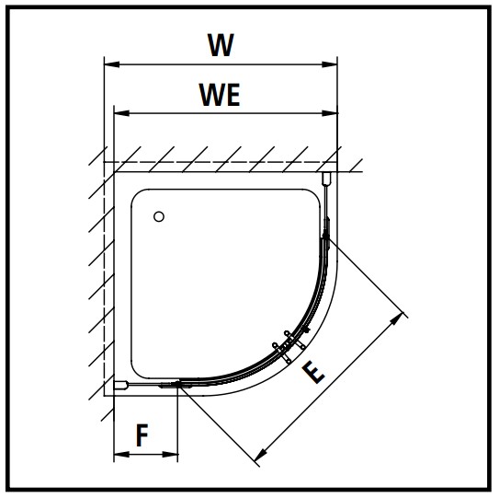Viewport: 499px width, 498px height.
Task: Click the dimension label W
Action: click(x=221, y=44)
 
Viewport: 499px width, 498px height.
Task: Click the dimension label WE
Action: click(x=220, y=95)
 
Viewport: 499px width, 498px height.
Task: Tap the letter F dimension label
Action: click(x=142, y=435)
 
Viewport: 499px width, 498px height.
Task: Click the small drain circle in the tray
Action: click(x=159, y=217)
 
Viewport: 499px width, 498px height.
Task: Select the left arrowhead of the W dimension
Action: click(x=112, y=64)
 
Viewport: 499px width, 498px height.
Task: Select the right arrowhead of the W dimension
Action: click(x=330, y=64)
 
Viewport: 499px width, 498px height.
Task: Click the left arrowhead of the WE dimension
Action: click(x=121, y=113)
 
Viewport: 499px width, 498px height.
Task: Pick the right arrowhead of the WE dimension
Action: click(x=330, y=113)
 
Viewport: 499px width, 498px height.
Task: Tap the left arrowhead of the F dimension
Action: click(x=121, y=454)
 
